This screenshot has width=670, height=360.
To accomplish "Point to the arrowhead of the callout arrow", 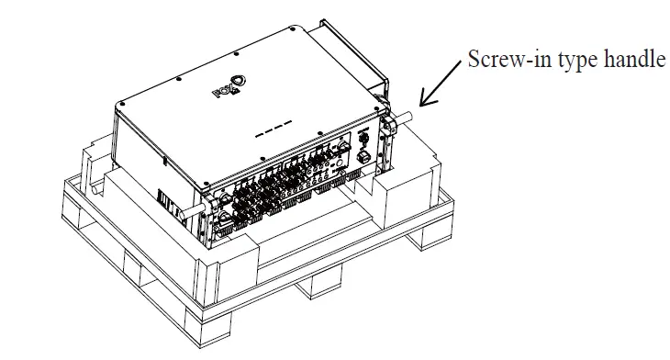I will coord(422,104).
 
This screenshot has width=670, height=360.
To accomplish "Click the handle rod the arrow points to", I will coord(407,118).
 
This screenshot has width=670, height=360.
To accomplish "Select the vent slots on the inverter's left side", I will coord(166,199).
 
